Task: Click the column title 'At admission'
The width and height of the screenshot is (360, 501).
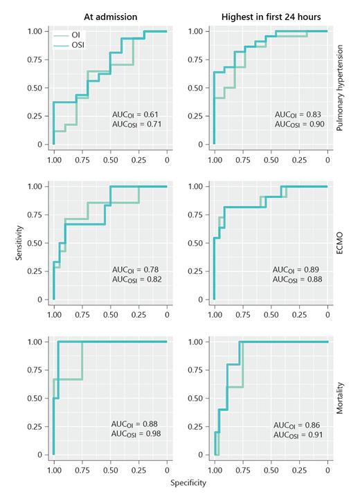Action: click(110, 15)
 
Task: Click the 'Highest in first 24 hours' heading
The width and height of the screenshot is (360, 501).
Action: click(271, 15)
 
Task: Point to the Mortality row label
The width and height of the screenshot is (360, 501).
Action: click(341, 399)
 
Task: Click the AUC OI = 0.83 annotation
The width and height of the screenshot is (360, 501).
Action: click(297, 113)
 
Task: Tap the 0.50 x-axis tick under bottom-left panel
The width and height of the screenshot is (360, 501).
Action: click(110, 469)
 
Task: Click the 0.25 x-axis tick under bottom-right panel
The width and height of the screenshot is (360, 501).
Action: click(299, 469)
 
